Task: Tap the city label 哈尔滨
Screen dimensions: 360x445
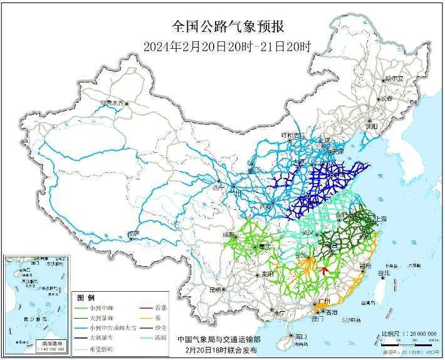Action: point(394,79)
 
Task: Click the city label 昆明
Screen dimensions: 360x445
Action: point(216,289)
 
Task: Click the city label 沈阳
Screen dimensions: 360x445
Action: point(372,126)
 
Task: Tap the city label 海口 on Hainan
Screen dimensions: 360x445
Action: point(301,336)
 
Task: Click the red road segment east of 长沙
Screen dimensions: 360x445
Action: point(323,271)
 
